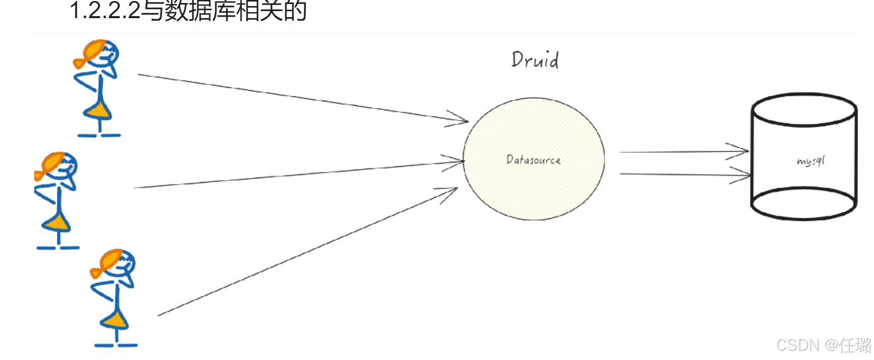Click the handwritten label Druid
(x=535, y=59)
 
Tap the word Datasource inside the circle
(x=533, y=160)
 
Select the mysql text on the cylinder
(x=810, y=161)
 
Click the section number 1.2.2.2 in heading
(x=105, y=11)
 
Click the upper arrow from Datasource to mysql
(x=681, y=151)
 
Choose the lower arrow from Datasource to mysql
(x=681, y=174)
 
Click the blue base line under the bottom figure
(x=116, y=345)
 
